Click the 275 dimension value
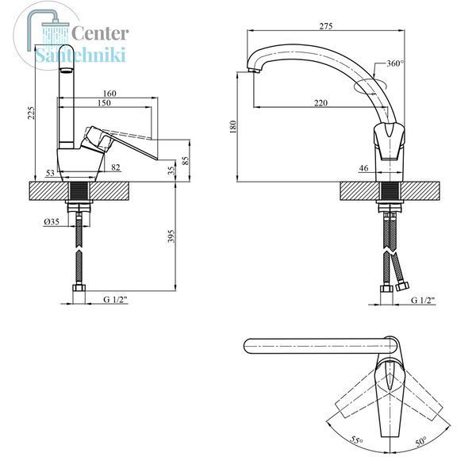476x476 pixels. pyautogui.click(x=326, y=26)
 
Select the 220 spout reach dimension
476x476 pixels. pyautogui.click(x=321, y=103)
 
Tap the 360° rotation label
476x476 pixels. pyautogui.click(x=395, y=63)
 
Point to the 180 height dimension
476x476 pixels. pyautogui.click(x=232, y=127)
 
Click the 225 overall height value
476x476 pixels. pyautogui.click(x=31, y=113)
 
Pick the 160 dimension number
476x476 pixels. pyautogui.click(x=109, y=93)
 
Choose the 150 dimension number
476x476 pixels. pyautogui.click(x=104, y=103)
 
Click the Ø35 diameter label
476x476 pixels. pyautogui.click(x=52, y=222)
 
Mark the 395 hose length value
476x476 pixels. pyautogui.click(x=171, y=236)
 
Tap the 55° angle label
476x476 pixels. pyautogui.click(x=356, y=440)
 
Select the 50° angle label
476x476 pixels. pyautogui.click(x=420, y=441)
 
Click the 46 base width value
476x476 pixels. pyautogui.click(x=363, y=168)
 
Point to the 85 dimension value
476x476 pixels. pyautogui.click(x=186, y=160)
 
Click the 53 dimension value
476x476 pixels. pyautogui.click(x=50, y=173)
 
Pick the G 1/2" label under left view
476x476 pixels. pyautogui.click(x=116, y=299)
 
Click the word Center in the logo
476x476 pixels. pyautogui.click(x=100, y=33)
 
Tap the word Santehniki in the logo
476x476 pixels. pyautogui.click(x=80, y=55)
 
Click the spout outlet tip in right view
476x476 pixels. pyautogui.click(x=254, y=71)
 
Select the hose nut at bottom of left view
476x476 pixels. pyautogui.click(x=79, y=288)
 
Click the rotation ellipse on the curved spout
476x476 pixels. pyautogui.click(x=370, y=86)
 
